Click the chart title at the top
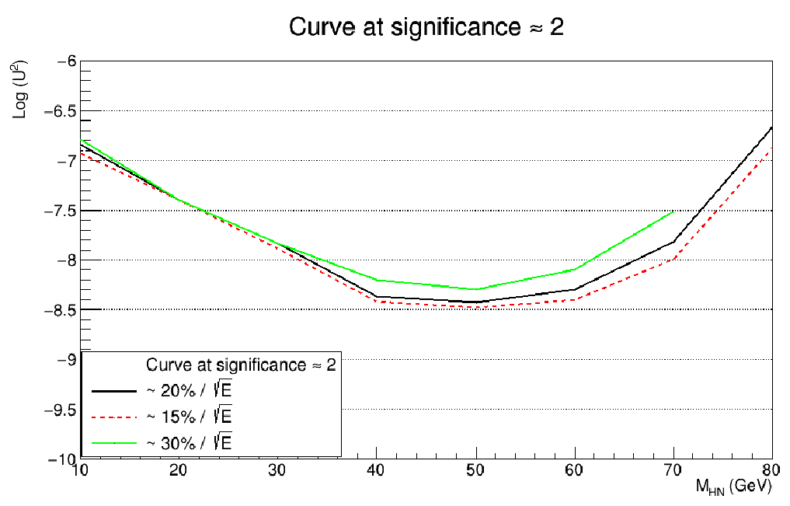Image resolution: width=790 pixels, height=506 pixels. point(426,27)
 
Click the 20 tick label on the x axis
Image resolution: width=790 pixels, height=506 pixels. point(178,471)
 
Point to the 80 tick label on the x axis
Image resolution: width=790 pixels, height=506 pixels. point(771,471)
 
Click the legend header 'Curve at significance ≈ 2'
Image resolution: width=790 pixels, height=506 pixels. point(241,365)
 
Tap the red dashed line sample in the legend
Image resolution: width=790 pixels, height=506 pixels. point(114,417)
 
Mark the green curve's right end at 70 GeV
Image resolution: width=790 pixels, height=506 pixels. point(673,211)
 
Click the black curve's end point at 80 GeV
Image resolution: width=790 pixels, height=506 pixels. point(771,127)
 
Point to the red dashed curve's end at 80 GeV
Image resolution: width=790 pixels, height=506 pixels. point(771,147)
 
